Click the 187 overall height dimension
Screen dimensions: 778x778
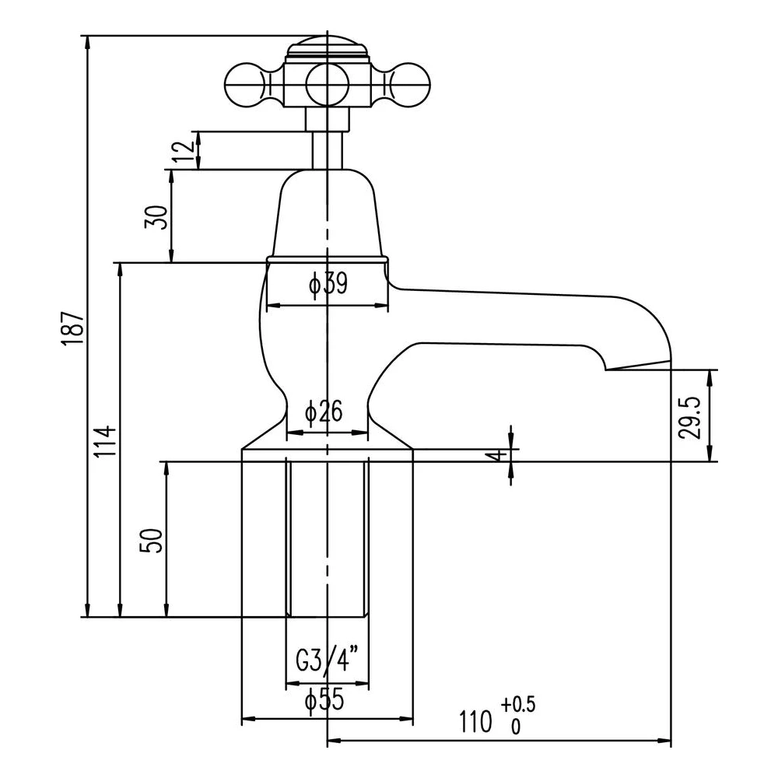tap(72, 327)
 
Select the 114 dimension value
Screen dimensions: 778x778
tap(107, 440)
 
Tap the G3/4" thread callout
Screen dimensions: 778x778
tap(326, 662)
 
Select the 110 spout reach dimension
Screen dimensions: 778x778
tap(476, 721)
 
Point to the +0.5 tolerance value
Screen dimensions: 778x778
tap(518, 705)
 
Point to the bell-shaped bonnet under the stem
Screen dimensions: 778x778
tap(327, 214)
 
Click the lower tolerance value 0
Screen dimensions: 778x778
tap(514, 728)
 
